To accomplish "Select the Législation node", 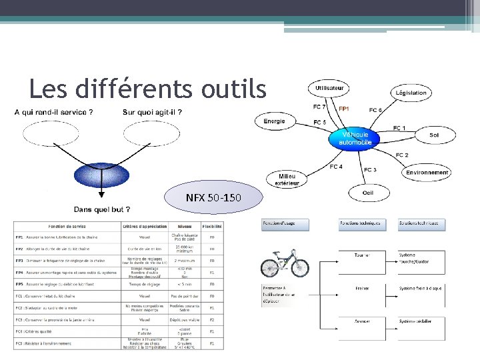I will click(x=411, y=93).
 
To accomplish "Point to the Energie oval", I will click(x=274, y=121).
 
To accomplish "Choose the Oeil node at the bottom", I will click(x=368, y=193).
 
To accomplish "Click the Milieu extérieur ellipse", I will click(x=288, y=179).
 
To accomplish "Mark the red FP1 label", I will click(x=345, y=109).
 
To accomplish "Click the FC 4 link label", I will click(x=337, y=167).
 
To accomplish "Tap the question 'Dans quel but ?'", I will click(x=101, y=209).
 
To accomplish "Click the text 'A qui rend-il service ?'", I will click(x=53, y=112).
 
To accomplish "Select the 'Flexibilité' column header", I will click(x=212, y=226).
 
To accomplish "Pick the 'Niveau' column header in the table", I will click(x=184, y=226).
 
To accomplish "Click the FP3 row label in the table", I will click(x=20, y=261).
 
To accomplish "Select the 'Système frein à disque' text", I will click(x=420, y=289).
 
